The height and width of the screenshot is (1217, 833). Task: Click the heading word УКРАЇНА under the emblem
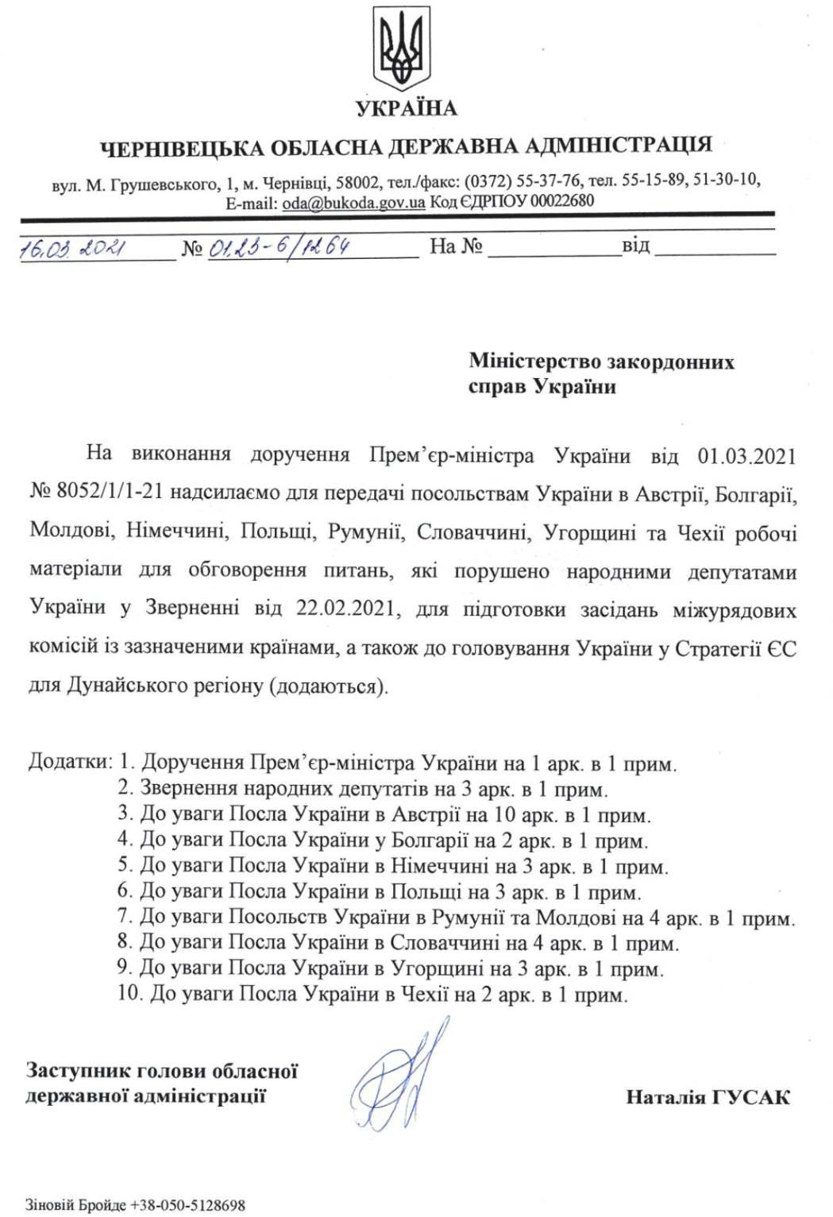[x=407, y=108]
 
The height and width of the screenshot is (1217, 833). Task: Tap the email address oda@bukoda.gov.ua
[x=353, y=202]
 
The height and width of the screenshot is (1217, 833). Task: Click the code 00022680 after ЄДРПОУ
[x=561, y=201]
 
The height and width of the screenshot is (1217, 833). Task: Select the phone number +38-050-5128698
[x=188, y=1205]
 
